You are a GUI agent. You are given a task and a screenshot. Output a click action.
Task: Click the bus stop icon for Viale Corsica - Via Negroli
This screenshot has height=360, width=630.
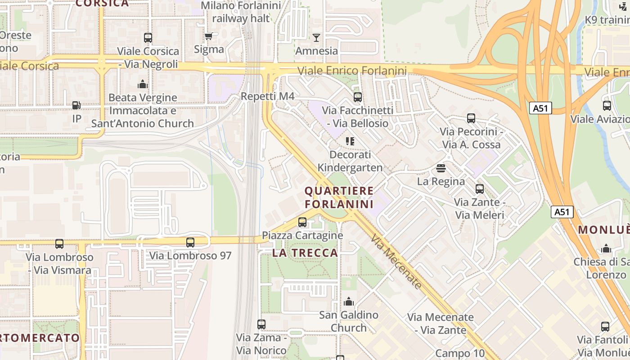pos(148,38)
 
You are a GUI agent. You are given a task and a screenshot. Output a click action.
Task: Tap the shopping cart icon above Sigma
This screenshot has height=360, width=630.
pos(208,36)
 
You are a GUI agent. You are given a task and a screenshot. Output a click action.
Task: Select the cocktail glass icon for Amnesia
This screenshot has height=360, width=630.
pos(316,38)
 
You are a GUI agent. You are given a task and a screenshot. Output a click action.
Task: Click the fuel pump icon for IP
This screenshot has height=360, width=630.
pos(76,105)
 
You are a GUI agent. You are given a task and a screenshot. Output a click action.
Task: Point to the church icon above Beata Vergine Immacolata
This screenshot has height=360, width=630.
pos(143,84)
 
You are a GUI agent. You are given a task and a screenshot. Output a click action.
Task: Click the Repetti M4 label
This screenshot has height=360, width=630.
pos(267,96)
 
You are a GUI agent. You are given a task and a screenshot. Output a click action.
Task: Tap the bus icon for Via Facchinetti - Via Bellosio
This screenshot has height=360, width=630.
pos(358,97)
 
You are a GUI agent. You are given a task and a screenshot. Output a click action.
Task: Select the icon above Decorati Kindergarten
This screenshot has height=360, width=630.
pos(350,141)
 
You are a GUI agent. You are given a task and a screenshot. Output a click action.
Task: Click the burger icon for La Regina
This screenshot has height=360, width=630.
pos(441,168)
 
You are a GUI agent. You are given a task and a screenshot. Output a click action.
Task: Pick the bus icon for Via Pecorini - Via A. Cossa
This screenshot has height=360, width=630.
pos(471,118)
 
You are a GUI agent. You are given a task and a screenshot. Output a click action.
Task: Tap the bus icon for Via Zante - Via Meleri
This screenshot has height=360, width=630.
pos(480,189)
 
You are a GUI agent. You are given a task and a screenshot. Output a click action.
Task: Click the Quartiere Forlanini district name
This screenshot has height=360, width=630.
pos(339,198)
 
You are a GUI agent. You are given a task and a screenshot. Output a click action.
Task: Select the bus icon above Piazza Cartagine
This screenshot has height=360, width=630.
pos(302,222)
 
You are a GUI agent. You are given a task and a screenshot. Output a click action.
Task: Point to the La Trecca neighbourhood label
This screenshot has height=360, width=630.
pos(305,253)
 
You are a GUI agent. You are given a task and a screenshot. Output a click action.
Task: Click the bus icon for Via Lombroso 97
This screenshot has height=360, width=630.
pos(190,243)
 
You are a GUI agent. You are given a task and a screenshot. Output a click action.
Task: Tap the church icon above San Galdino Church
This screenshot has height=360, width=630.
pos(349,301)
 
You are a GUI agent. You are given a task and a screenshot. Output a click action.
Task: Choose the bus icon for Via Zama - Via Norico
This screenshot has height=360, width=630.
pos(261,324)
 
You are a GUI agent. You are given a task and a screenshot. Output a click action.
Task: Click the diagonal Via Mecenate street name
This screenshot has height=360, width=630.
pos(396,261)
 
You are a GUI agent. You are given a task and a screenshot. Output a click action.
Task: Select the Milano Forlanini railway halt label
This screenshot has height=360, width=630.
pos(241,12)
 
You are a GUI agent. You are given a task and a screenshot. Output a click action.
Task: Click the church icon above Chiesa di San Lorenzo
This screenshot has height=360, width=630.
pos(606,248)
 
